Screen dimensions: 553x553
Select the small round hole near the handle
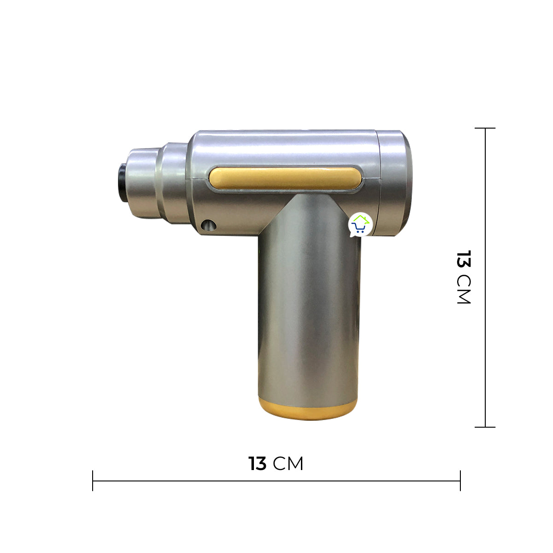click(x=208, y=225)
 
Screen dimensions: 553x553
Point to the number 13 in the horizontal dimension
click(x=258, y=464)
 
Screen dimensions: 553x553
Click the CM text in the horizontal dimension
click(x=288, y=464)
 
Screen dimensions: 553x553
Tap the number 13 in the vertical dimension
click(x=464, y=259)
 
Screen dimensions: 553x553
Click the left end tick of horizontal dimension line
click(x=93, y=481)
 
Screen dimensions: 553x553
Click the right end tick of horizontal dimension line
click(x=460, y=481)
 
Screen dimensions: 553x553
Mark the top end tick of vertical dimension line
click(x=485, y=128)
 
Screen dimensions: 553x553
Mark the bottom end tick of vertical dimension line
click(x=485, y=427)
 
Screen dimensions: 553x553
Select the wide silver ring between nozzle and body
click(x=173, y=182)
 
